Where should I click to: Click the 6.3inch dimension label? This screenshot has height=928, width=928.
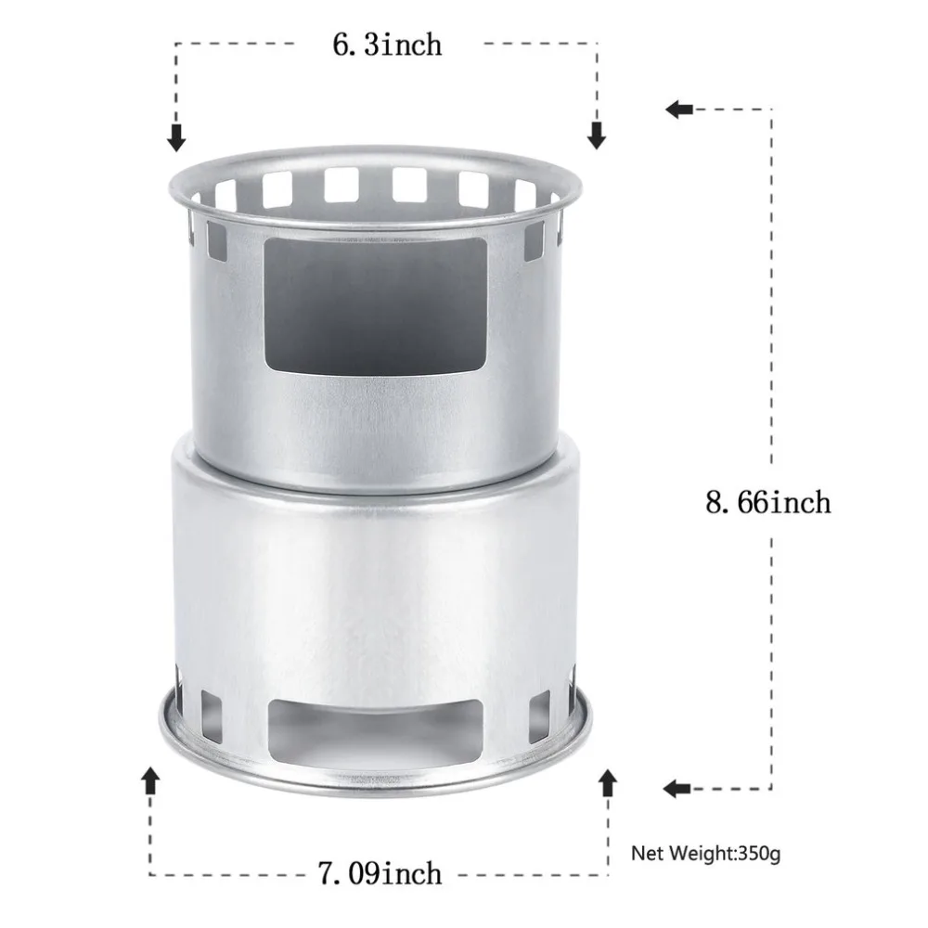point(387,45)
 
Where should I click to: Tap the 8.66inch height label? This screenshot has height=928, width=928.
point(768,502)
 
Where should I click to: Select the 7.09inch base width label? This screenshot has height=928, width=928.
point(380,873)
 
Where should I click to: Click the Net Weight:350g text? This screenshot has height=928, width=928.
point(706,854)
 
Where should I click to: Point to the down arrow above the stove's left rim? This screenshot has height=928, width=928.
point(176,138)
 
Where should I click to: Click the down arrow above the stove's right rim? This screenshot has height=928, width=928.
point(597,135)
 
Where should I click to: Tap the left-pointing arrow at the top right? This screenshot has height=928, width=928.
point(679,110)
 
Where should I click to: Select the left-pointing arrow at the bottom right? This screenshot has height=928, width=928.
point(677,788)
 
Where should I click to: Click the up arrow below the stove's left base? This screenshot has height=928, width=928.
point(151,780)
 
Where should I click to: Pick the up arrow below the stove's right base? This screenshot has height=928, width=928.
point(608,783)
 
